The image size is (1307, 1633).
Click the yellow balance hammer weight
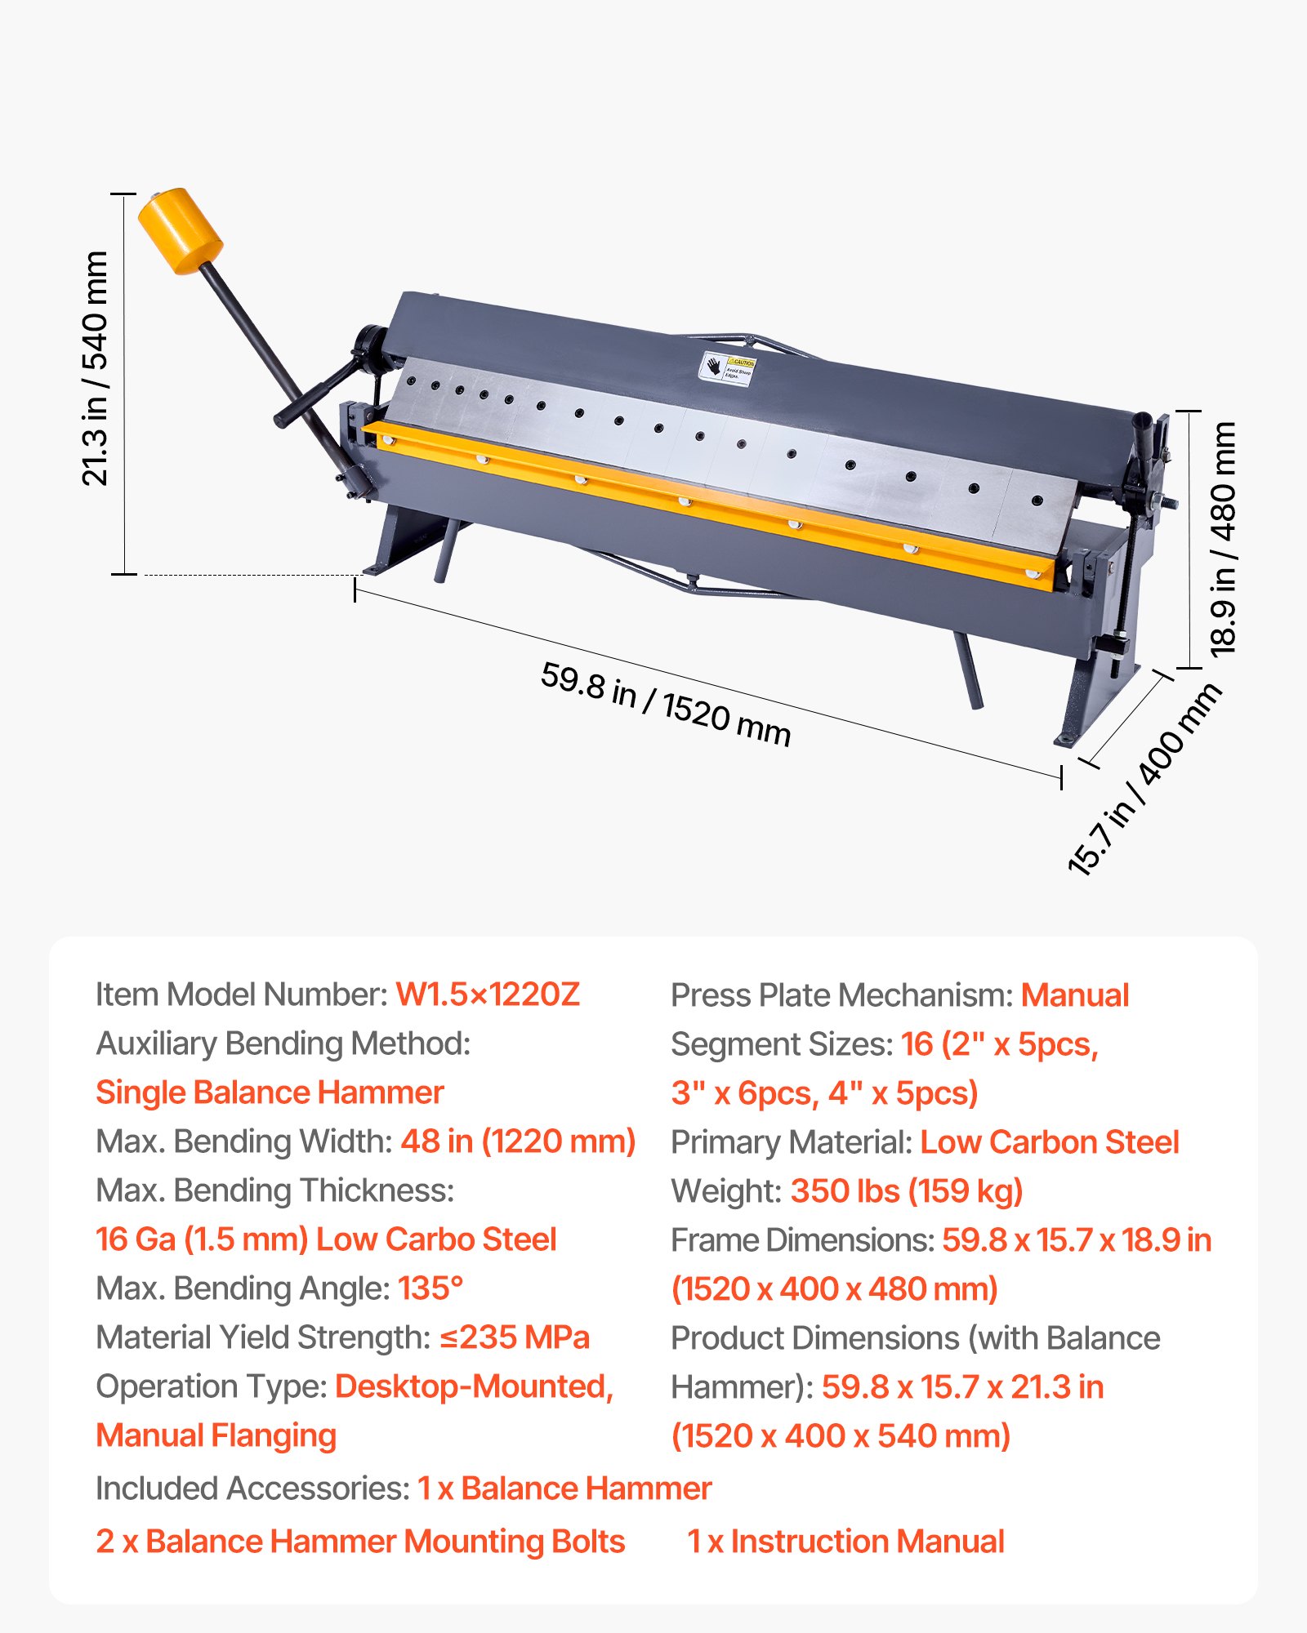(180, 231)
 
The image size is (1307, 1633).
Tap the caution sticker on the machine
(729, 368)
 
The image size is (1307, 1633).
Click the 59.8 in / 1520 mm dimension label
(666, 705)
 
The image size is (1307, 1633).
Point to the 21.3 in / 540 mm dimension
(96, 368)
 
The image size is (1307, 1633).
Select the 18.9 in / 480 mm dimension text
(1223, 539)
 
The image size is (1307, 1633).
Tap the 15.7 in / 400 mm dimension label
(1145, 780)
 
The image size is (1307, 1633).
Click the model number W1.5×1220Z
(488, 994)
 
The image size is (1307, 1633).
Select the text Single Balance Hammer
(270, 1092)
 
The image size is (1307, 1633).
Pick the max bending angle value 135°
(430, 1288)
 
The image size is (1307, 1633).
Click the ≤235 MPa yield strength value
(515, 1337)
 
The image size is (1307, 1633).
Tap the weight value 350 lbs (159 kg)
(907, 1190)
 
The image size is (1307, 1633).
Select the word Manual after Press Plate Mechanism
(1075, 994)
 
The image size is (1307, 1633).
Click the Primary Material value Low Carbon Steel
(1050, 1141)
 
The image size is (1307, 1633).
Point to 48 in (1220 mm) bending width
(518, 1141)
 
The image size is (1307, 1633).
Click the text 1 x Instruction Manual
(845, 1542)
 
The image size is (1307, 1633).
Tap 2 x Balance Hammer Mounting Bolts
(360, 1542)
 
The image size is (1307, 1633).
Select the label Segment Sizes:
(782, 1043)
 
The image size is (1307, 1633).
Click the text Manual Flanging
(216, 1435)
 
